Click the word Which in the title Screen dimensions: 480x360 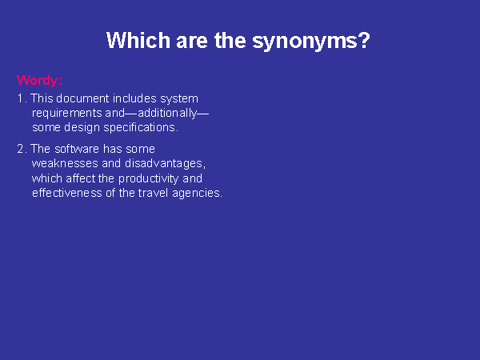[x=138, y=40]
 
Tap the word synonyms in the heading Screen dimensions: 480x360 [x=311, y=42]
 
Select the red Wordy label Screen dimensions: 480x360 [x=39, y=81]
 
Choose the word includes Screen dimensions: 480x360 [x=134, y=98]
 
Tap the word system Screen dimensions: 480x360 [x=179, y=99]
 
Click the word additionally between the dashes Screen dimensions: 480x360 [x=167, y=113]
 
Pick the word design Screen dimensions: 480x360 [x=82, y=128]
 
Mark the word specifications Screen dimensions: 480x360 [x=141, y=128]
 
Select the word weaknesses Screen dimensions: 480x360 [x=65, y=163]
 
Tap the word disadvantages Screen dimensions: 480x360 [x=165, y=163]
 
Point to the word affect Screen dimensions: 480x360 [x=81, y=178]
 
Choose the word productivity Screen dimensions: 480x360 [x=149, y=179]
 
